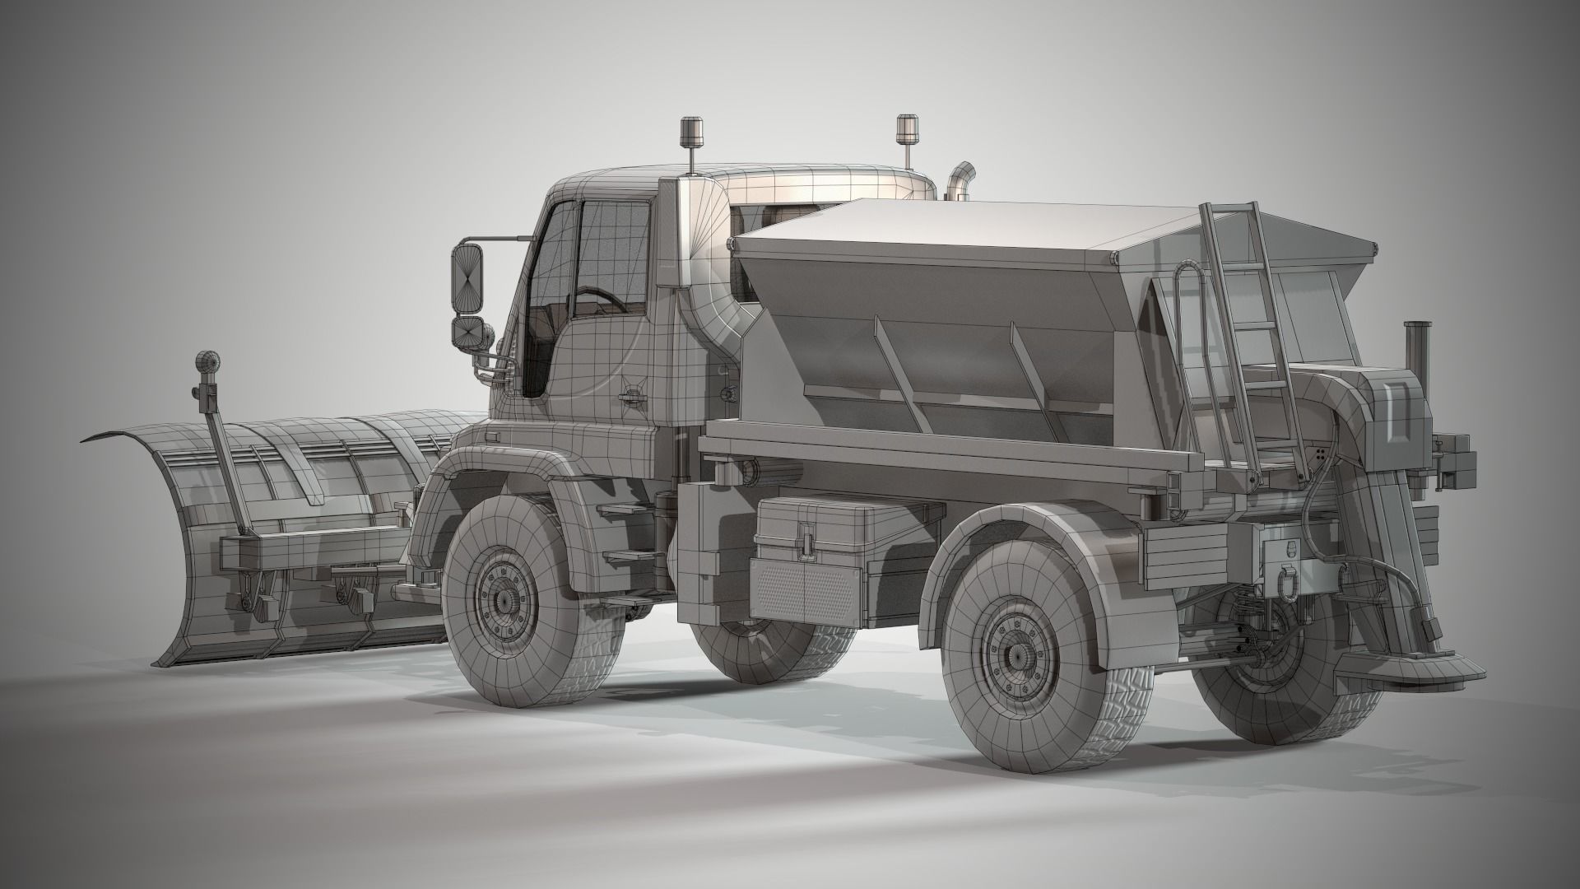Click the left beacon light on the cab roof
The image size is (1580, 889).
coord(690,132)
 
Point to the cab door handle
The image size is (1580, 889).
coord(631,398)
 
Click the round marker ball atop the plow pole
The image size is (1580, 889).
coord(207,362)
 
